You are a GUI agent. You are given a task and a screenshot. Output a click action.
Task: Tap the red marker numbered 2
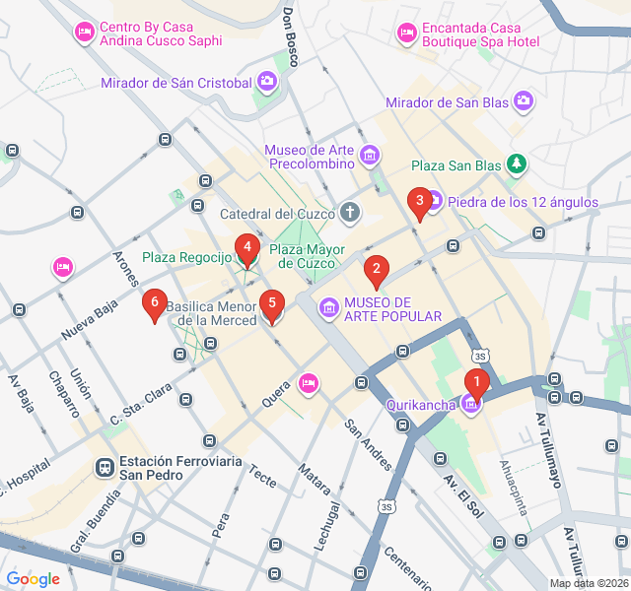[x=375, y=269]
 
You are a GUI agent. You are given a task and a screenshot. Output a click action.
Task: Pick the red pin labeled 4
[x=246, y=247]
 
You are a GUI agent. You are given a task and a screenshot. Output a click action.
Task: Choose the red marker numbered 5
[x=271, y=304]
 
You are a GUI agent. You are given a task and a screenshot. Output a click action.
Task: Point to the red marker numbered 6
[x=153, y=303]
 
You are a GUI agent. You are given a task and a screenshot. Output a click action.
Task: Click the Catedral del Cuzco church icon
[x=350, y=212]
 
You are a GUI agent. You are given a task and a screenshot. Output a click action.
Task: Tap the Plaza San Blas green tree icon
[x=516, y=164]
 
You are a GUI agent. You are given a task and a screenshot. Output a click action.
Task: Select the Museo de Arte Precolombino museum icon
[x=370, y=155]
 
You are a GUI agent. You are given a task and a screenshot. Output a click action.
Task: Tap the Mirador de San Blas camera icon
[x=523, y=100]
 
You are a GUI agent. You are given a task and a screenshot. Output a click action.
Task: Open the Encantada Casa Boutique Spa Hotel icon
[x=406, y=34]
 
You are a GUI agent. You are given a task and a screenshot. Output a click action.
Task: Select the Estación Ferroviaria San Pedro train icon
[x=104, y=467]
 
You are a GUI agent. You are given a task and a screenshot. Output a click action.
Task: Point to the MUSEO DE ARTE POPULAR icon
[x=327, y=309]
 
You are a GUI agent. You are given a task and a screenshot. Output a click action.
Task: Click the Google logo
[x=33, y=579]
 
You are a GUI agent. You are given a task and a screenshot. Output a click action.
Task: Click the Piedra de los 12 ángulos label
[x=523, y=202]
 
